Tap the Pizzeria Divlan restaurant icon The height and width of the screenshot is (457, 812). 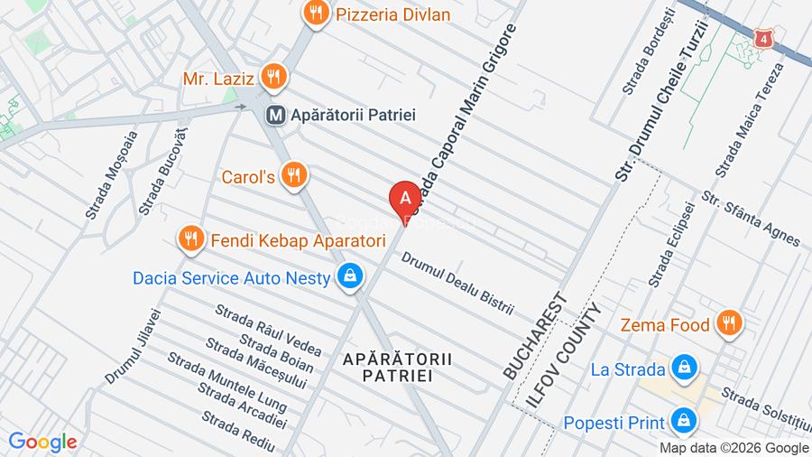[x=315, y=14]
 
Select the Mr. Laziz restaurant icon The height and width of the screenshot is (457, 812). [x=274, y=78]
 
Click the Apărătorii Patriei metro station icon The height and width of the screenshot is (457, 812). [x=276, y=115]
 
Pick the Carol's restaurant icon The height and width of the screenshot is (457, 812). [x=291, y=175]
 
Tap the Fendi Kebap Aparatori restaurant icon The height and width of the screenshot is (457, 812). [x=189, y=239]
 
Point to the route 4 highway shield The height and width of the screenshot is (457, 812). [x=765, y=39]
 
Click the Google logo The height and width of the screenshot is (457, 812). [x=42, y=443]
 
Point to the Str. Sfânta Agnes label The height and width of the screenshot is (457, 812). [x=751, y=219]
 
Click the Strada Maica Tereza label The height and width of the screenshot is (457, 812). [x=749, y=120]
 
